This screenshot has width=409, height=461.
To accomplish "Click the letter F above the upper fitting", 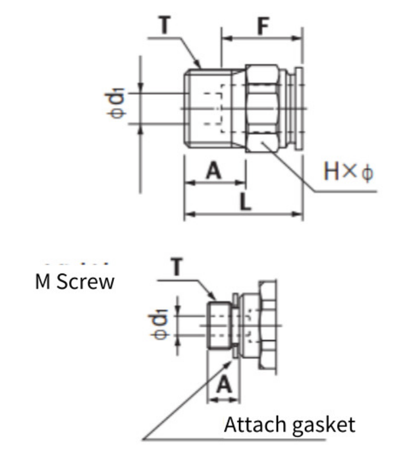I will (262, 27).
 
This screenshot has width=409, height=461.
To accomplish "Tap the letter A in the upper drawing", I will (213, 170).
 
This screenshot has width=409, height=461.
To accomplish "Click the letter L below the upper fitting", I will (245, 201).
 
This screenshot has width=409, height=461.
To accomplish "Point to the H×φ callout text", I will (348, 172).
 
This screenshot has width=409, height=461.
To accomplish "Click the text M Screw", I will (74, 281).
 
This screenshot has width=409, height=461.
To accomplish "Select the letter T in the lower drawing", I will (177, 267).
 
